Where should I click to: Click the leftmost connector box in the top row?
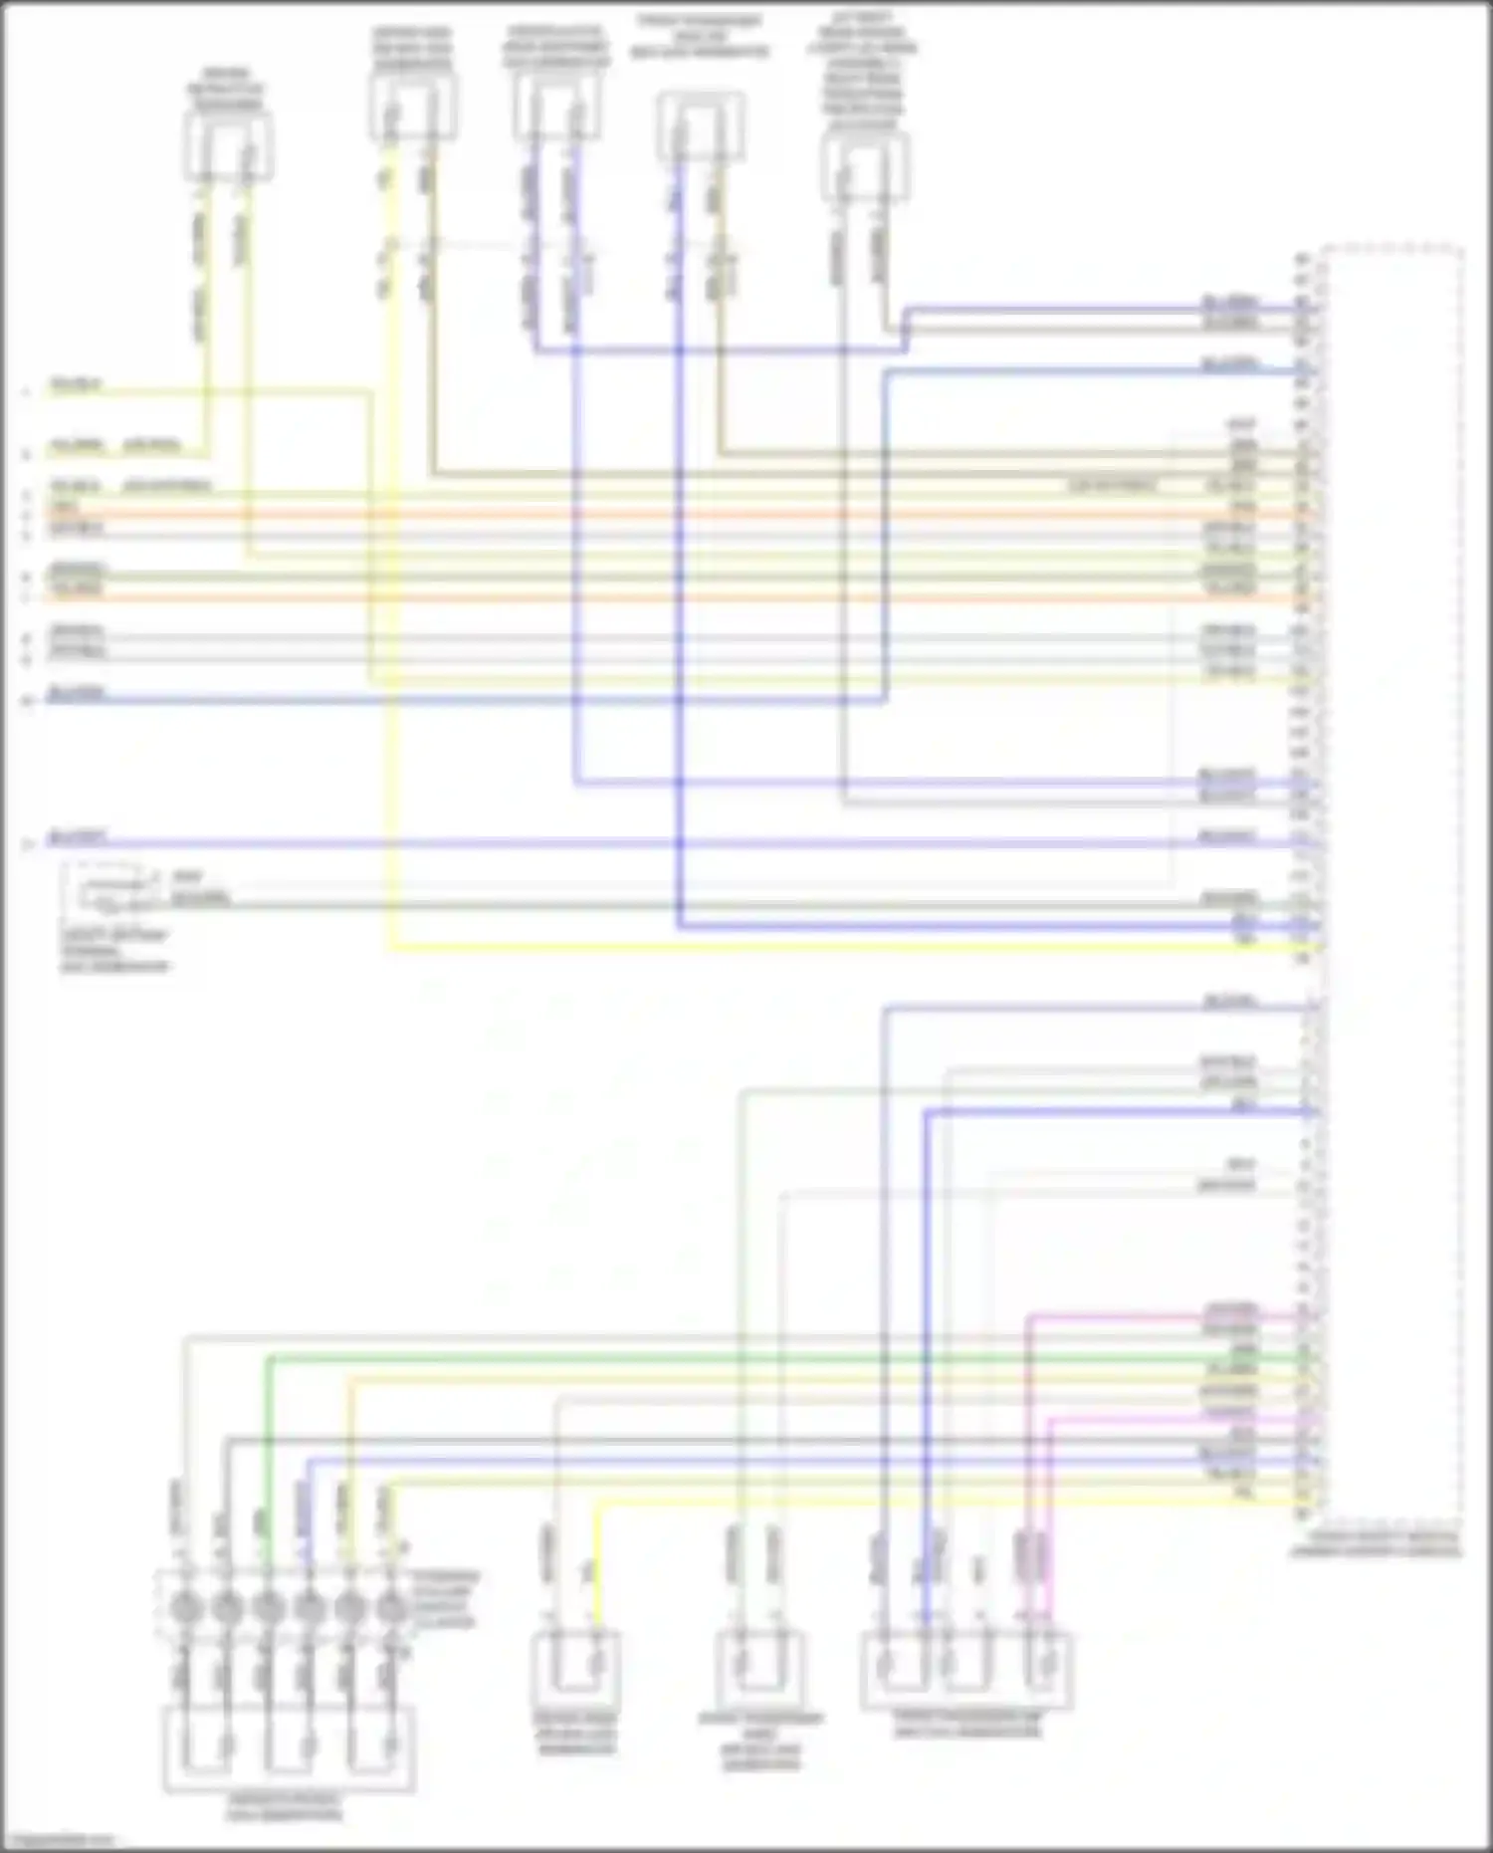228,146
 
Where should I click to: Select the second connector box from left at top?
413,108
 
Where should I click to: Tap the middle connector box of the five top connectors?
557,107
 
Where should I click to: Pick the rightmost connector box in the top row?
864,166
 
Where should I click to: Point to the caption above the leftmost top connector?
228,90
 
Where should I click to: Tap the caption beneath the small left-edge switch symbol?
115,950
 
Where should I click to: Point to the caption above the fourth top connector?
699,36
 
